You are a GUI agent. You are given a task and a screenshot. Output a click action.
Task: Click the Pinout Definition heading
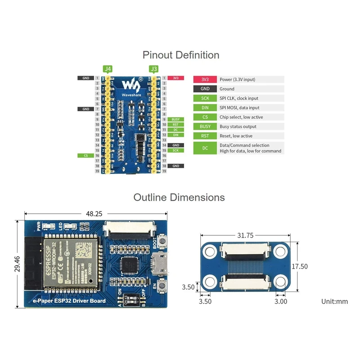[181, 55]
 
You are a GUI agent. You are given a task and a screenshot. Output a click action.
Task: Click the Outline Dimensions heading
[179, 197]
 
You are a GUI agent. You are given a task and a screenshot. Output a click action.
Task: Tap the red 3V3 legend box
[205, 79]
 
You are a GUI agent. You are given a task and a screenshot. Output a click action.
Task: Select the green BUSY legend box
[205, 126]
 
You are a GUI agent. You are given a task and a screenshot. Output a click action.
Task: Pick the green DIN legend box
[205, 108]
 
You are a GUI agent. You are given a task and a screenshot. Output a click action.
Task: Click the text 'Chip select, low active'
[241, 117]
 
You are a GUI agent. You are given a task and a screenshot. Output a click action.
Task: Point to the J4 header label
[108, 69]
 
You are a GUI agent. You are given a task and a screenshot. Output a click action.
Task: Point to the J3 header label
[154, 69]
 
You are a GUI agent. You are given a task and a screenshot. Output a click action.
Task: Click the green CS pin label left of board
[85, 155]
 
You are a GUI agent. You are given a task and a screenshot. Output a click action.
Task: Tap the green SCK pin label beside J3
[175, 150]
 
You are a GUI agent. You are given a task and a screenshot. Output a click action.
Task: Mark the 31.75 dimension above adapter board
[245, 235]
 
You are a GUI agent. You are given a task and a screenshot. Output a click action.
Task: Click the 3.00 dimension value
[281, 301]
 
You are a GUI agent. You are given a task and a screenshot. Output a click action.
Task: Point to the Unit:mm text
[334, 301]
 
